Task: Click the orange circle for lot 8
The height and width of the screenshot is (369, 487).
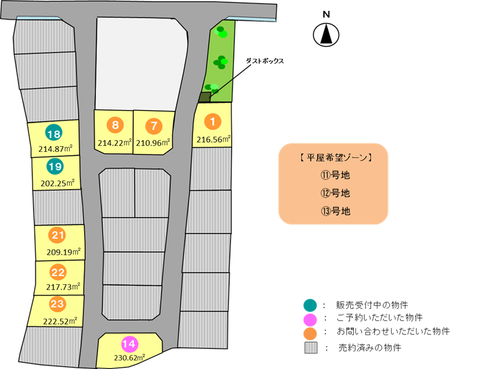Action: point(115,125)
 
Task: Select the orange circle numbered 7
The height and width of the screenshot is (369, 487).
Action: point(154,126)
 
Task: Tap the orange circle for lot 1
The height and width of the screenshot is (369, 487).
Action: point(213,121)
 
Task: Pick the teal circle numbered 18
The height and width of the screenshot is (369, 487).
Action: point(53,133)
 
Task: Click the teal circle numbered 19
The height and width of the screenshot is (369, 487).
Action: point(55,166)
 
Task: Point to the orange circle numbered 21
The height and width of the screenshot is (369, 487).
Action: point(57,235)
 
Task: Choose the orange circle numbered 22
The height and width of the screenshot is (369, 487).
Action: point(58,273)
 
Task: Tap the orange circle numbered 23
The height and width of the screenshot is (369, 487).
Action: point(57,303)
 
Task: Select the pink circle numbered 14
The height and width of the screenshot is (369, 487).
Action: point(129,344)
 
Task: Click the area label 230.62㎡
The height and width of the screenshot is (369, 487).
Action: point(130,358)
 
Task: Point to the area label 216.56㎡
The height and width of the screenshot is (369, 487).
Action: point(214,139)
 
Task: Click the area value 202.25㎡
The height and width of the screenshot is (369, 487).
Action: point(57,183)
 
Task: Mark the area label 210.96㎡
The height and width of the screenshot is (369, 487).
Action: point(153,143)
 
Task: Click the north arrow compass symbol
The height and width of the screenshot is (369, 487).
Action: point(326,35)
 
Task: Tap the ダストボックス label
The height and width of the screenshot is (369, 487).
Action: point(265,61)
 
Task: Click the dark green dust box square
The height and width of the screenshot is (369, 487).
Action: point(205,97)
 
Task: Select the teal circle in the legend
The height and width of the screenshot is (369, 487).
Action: point(310,305)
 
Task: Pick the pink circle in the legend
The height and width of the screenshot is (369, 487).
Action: point(310,319)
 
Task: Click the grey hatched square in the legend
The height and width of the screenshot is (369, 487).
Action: point(311,347)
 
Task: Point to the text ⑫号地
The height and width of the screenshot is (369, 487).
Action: point(336,193)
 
